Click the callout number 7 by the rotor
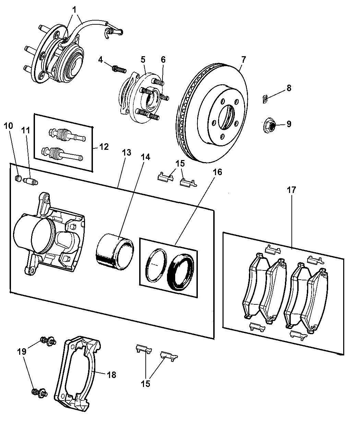(x=243, y=59)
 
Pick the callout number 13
(x=127, y=153)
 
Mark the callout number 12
(x=104, y=147)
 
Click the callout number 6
(x=163, y=59)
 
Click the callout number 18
(x=112, y=375)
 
